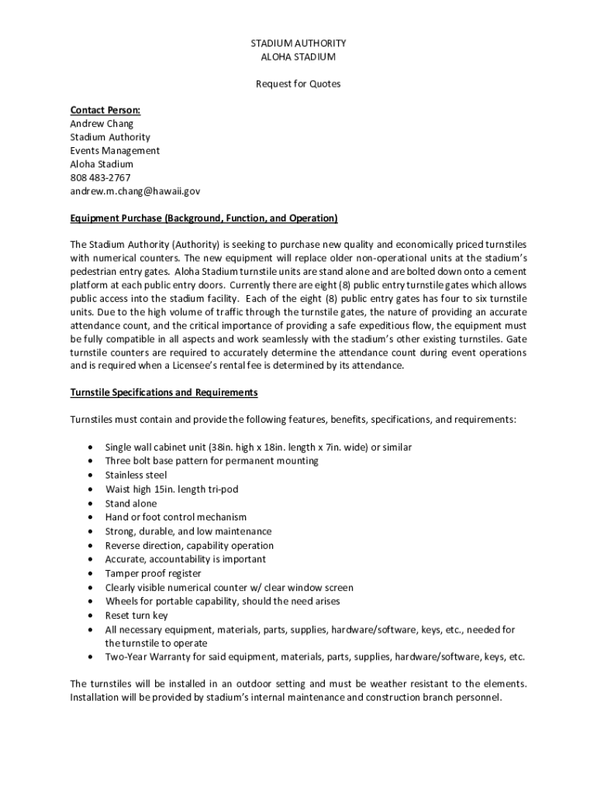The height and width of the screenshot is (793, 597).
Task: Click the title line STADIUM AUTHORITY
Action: tap(298, 43)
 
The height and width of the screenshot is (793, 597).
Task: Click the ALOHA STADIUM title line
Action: tap(298, 57)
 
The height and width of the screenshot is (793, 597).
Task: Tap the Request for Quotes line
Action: tap(298, 84)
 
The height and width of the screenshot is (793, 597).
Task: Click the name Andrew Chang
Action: tap(102, 124)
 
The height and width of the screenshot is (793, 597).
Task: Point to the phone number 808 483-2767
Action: tap(101, 177)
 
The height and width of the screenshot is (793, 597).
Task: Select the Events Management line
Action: tap(115, 151)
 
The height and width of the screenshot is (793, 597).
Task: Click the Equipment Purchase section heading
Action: tap(204, 218)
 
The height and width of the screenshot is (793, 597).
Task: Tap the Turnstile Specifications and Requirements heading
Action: tap(164, 393)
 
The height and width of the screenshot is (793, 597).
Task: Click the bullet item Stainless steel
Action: tap(136, 475)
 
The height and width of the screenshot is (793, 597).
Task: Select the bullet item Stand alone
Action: tap(130, 503)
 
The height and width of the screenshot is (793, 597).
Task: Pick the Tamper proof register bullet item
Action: tap(153, 573)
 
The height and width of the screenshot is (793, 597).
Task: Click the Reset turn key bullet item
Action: tap(136, 615)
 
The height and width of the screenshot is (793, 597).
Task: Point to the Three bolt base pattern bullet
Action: tap(201, 461)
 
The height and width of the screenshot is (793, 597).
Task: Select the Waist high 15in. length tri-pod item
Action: tap(171, 489)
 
